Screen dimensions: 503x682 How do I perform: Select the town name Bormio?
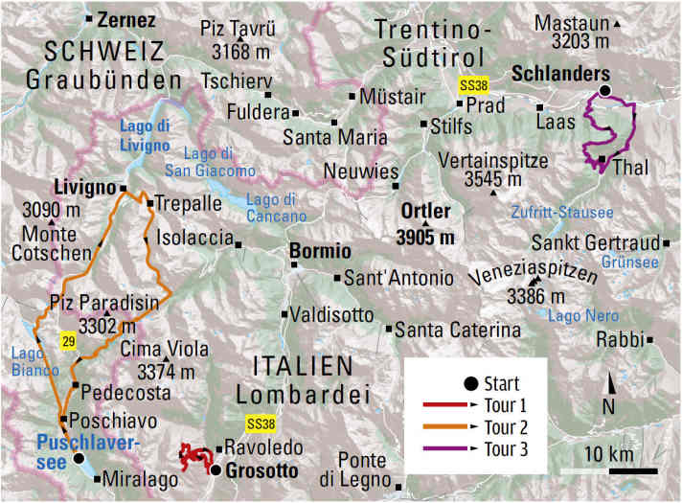[x=321, y=251]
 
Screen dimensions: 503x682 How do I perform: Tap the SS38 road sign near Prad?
[x=473, y=84]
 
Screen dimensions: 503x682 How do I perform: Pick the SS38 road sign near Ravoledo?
[x=260, y=423]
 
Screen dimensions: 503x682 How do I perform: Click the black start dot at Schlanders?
[x=604, y=92]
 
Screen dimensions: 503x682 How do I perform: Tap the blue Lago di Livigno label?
[x=144, y=135]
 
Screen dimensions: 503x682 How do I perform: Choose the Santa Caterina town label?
[x=459, y=330]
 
